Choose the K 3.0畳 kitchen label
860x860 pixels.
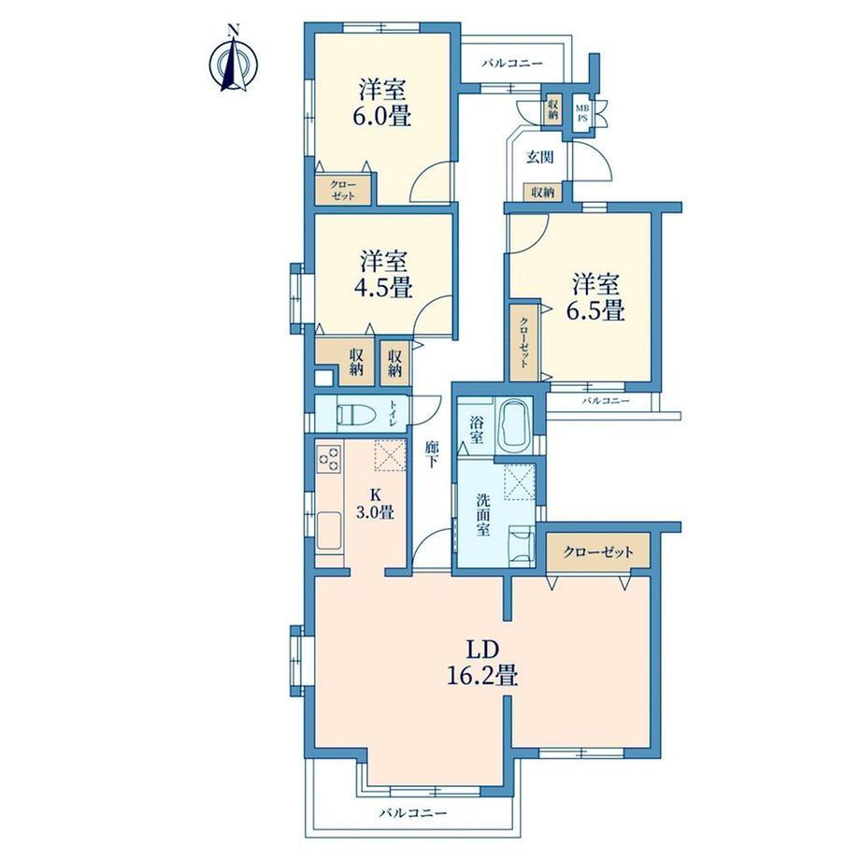pos(375,504)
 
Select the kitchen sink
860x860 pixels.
pos(329,530)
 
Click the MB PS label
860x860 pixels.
pos(582,113)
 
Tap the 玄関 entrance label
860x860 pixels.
pos(540,157)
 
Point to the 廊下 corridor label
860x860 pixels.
pos(432,454)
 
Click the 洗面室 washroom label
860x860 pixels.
pos(483,515)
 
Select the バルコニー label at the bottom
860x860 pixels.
pos(413,813)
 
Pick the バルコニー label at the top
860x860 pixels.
pos(512,64)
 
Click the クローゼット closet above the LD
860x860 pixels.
pos(598,552)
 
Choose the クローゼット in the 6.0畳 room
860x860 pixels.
pos(343,191)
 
